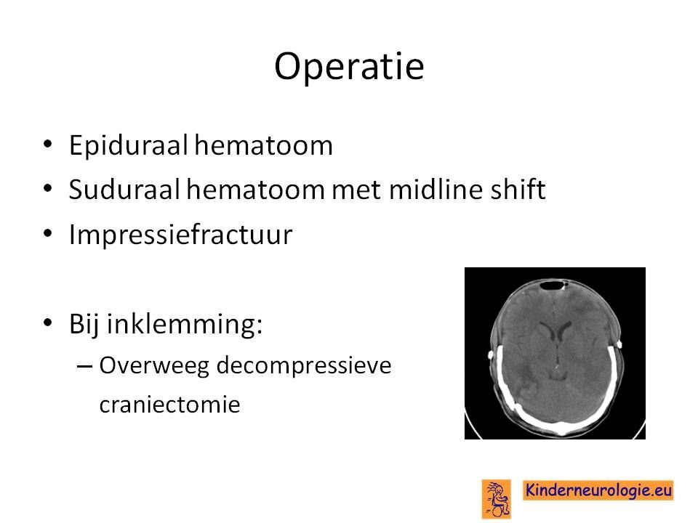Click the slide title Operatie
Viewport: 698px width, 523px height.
click(x=349, y=67)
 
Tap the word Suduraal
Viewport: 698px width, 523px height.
click(x=124, y=190)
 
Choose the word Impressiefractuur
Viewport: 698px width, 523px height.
click(x=180, y=235)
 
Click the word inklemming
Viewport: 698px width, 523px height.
click(x=184, y=324)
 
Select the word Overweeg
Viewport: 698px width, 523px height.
click(x=154, y=366)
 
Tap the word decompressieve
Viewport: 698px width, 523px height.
click(x=304, y=366)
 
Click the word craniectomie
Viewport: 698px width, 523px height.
click(x=169, y=405)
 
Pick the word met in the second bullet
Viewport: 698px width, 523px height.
click(x=356, y=190)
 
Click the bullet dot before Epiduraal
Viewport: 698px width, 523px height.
click(x=48, y=145)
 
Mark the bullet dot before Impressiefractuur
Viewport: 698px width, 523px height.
click(x=48, y=233)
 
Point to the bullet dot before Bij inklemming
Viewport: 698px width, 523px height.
click(x=48, y=323)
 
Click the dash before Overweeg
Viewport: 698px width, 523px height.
click(x=84, y=366)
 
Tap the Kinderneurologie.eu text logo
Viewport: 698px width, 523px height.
click(x=598, y=490)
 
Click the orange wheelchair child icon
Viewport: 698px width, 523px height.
click(x=496, y=499)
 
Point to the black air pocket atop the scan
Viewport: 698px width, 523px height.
click(x=552, y=285)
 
